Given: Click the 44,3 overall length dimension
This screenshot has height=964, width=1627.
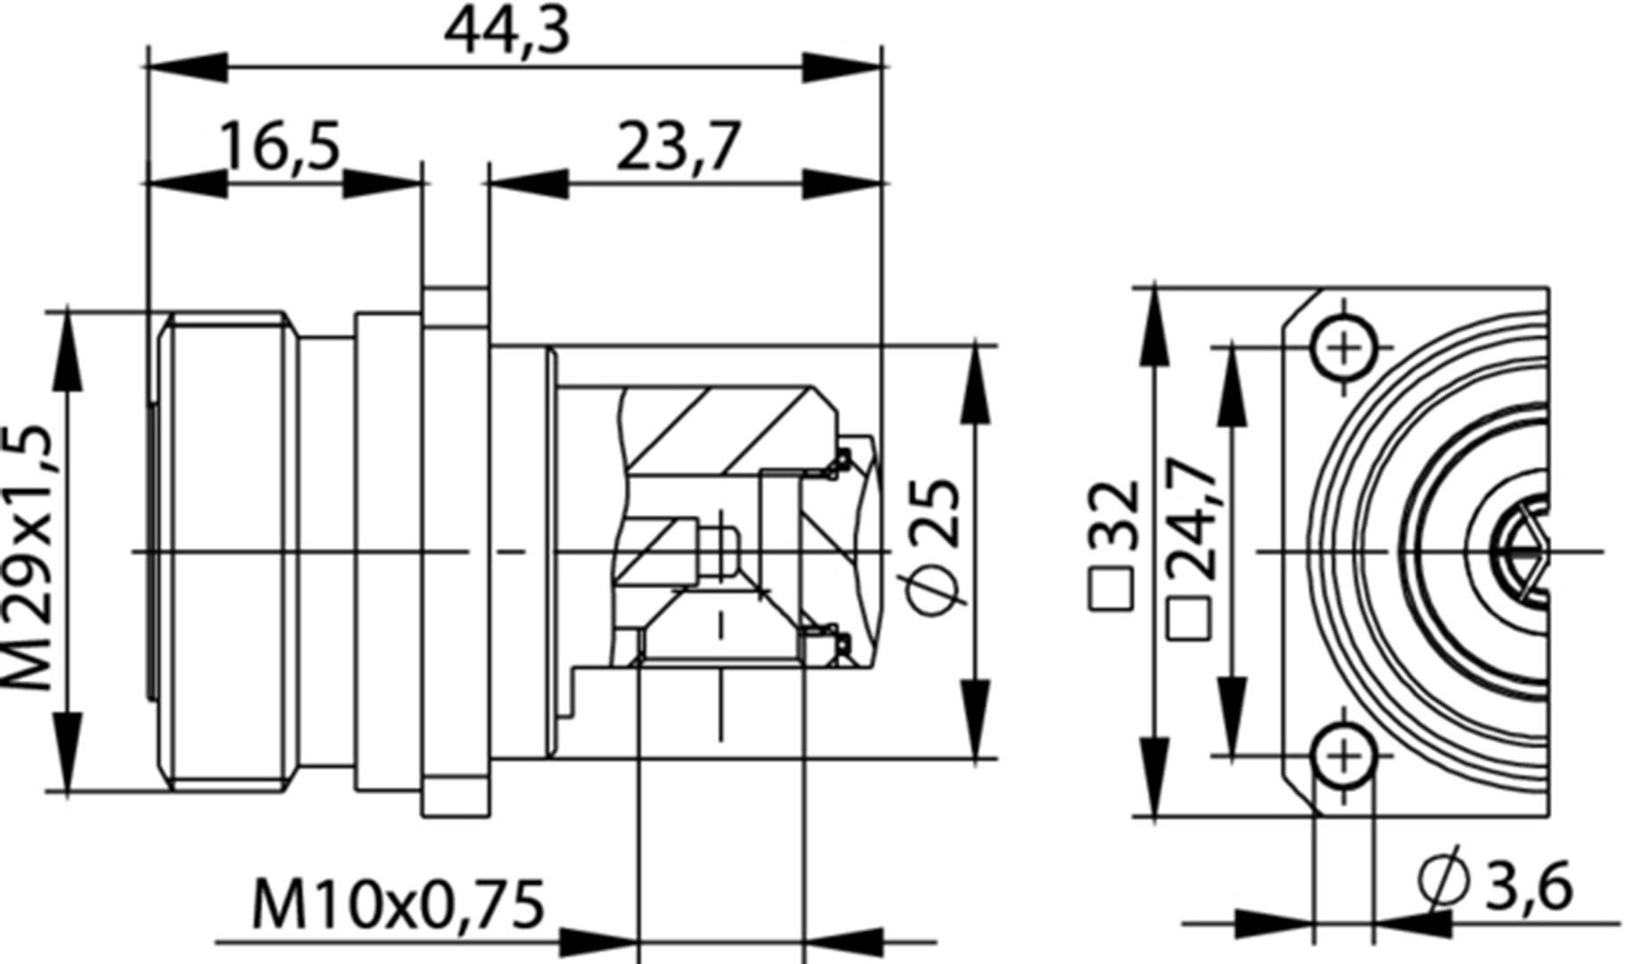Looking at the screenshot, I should (x=506, y=31).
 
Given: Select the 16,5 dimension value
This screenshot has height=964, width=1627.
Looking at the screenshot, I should (x=281, y=146).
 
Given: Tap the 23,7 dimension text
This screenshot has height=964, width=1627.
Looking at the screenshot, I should (x=677, y=146).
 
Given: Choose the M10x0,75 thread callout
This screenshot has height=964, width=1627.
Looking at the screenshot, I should (x=398, y=904).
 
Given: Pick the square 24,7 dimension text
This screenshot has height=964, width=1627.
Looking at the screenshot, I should (x=1192, y=548).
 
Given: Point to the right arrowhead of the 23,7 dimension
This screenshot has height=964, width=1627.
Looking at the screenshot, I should (x=842, y=184).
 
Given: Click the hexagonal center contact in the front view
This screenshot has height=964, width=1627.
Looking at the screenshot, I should (x=1525, y=551).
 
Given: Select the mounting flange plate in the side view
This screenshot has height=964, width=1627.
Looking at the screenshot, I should (x=455, y=551).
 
